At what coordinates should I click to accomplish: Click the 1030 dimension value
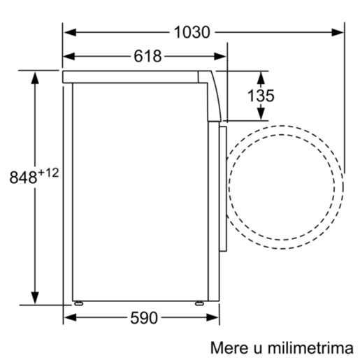(x=192, y=32)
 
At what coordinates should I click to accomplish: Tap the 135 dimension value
(x=260, y=96)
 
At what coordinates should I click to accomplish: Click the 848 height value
(x=22, y=178)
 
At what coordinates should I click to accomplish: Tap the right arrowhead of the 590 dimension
(x=213, y=319)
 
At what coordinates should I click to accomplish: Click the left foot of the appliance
(x=80, y=305)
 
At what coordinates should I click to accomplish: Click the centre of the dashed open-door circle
(x=287, y=183)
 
